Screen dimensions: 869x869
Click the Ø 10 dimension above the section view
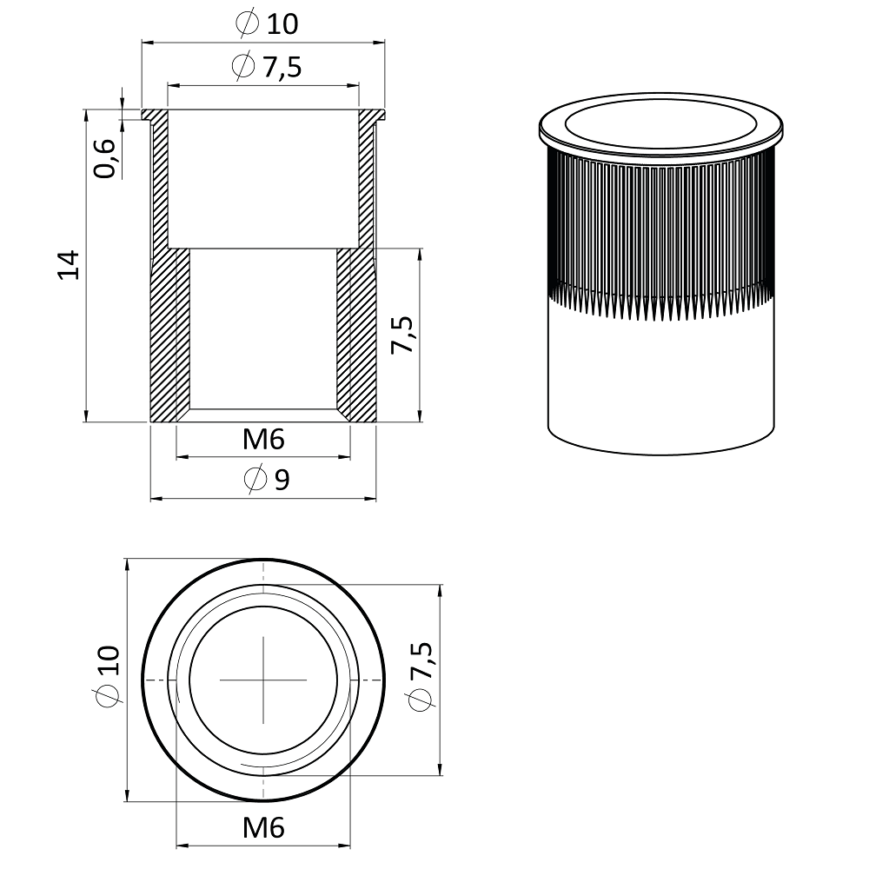(x=267, y=23)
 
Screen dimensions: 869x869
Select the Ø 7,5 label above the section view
(x=267, y=67)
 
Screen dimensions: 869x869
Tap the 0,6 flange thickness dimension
(x=104, y=158)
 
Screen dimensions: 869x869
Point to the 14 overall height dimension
(x=70, y=265)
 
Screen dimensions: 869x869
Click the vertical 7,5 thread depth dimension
(x=402, y=335)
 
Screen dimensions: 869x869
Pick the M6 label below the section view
(x=263, y=440)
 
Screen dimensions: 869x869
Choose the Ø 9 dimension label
(x=267, y=479)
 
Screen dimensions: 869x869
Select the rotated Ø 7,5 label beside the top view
(x=420, y=675)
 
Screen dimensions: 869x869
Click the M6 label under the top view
(x=263, y=828)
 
